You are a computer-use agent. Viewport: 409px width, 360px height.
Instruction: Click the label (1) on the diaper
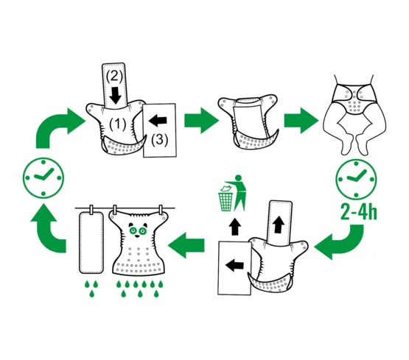point(118,124)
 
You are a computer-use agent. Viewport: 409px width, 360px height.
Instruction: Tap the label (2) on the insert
point(114,77)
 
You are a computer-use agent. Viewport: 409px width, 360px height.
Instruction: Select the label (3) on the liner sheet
point(160,139)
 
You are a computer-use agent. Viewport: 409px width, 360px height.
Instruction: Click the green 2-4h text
point(359,213)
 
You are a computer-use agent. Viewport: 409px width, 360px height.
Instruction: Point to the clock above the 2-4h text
point(356,179)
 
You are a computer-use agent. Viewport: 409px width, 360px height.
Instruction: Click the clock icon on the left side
point(43,177)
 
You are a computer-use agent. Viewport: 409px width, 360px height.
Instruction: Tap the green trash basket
point(226,199)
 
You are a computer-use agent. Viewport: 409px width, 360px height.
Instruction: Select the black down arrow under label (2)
point(115,96)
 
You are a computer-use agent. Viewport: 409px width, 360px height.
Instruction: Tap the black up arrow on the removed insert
point(279,225)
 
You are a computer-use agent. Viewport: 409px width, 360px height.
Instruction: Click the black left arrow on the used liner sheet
point(235,265)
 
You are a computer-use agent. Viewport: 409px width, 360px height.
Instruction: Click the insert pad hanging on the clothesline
point(91,242)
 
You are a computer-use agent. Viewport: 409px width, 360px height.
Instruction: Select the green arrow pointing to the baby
point(301,120)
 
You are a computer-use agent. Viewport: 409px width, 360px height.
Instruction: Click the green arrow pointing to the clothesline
point(186,245)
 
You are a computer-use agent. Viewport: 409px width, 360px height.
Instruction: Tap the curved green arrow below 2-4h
point(339,241)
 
